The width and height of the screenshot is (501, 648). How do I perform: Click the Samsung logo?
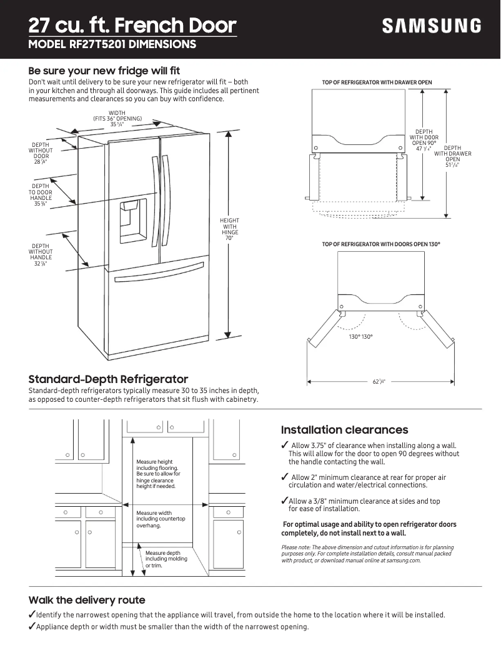pos(432,26)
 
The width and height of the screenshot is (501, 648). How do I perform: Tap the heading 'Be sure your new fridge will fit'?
pos(104,71)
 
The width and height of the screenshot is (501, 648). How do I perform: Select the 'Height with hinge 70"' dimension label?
pos(229,229)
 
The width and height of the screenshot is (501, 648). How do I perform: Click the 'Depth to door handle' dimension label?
pos(41,194)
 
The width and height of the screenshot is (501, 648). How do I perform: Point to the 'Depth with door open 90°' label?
pos(424,141)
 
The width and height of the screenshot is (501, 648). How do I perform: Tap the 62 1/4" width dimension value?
pos(379,381)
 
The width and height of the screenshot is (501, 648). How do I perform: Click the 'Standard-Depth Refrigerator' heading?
pos(108,379)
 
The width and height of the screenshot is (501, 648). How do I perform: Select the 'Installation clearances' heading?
pos(344,430)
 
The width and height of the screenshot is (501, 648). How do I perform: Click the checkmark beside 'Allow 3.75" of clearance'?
pos(285,445)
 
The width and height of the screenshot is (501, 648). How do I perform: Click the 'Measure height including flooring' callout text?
pos(158,474)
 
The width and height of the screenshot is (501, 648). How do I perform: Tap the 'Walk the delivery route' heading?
pos(87,600)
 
